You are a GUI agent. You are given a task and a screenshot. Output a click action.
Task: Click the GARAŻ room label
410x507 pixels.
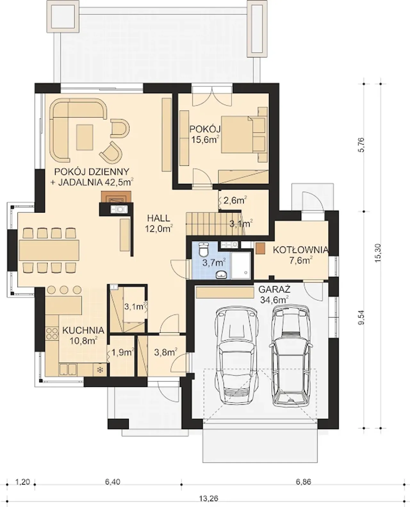point(275,290)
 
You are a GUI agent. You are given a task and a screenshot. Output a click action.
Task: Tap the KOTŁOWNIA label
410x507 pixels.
point(300,250)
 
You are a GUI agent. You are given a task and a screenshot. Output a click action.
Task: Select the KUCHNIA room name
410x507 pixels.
point(83,331)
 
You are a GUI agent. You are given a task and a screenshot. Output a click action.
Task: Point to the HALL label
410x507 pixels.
point(159,218)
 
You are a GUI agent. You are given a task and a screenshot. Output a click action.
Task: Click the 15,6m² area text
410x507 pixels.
point(205,140)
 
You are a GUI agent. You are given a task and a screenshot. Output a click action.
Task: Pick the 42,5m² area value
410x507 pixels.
point(119,182)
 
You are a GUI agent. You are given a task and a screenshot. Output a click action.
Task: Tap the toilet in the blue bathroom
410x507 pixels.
point(204,249)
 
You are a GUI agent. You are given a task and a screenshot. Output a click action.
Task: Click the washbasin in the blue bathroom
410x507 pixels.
point(222,275)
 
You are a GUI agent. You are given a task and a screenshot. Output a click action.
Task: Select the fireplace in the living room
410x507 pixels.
point(116,197)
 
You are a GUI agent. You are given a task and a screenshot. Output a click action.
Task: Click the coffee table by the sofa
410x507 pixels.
point(85,137)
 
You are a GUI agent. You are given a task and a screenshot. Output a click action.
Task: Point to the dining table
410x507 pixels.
point(49,250)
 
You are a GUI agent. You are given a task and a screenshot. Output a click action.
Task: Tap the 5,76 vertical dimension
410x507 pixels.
point(362,144)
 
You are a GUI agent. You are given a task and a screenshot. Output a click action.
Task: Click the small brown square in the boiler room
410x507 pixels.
point(260,248)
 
